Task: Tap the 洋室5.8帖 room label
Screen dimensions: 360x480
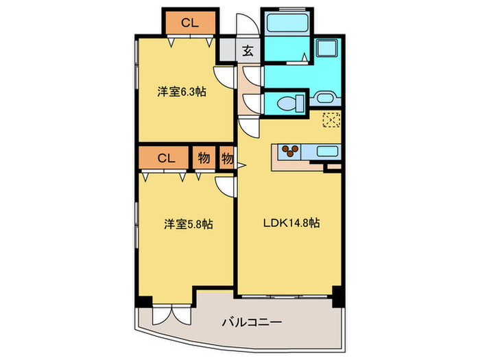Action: pos(188,224)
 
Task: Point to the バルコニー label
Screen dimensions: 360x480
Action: pos(252,322)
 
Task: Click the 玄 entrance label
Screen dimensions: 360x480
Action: pos(246,50)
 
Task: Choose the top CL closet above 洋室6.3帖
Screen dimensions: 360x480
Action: pos(190,23)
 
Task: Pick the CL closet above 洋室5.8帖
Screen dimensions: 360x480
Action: pos(165,158)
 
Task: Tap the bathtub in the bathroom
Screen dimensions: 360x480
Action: pos(287,25)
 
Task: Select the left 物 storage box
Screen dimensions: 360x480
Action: pos(204,158)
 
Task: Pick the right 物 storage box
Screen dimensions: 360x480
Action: pos(227,158)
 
